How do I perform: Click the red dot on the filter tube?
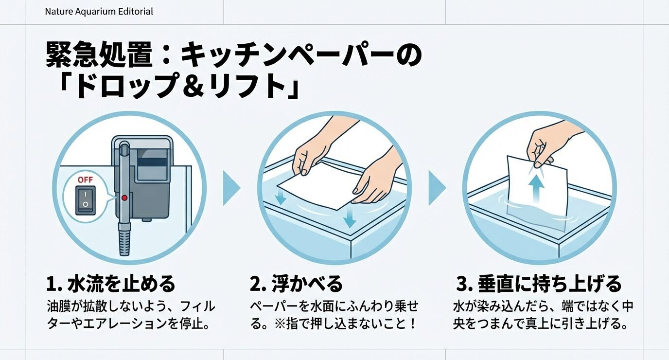[x=124, y=198]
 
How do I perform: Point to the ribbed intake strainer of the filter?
[x=124, y=241]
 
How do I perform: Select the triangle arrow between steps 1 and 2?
[x=231, y=187]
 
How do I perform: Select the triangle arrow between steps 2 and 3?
[x=436, y=187]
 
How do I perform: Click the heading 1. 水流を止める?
[x=110, y=284]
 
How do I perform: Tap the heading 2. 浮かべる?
[x=296, y=284]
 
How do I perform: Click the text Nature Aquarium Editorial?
[x=99, y=11]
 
